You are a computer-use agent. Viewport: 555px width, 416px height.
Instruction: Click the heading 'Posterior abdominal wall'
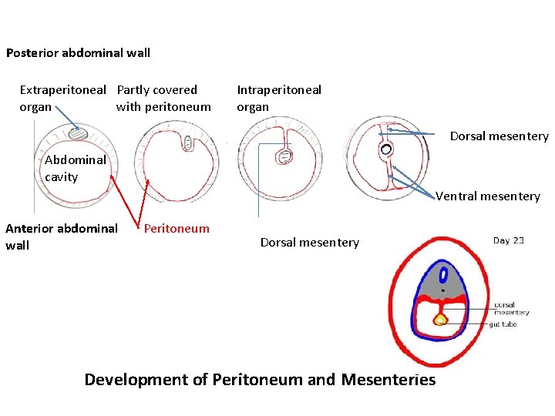[78, 53]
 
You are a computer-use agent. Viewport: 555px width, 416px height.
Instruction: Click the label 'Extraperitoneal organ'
[62, 98]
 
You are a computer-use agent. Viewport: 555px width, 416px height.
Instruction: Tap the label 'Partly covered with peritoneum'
[163, 98]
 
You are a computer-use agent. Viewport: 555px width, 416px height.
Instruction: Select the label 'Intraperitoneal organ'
[278, 98]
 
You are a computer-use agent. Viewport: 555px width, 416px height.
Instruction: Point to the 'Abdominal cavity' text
[75, 168]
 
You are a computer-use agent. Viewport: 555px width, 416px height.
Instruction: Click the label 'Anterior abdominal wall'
[61, 237]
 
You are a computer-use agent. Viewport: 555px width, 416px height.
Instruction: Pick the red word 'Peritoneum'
[177, 228]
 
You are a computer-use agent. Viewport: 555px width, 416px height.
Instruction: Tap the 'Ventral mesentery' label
[487, 196]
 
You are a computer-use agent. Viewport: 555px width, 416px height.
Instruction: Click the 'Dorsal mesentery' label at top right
[499, 136]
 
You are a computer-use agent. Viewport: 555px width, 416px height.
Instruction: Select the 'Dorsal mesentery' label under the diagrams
[309, 243]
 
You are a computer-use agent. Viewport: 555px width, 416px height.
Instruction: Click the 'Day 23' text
[509, 240]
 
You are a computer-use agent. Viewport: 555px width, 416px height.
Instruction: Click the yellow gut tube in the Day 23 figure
[440, 319]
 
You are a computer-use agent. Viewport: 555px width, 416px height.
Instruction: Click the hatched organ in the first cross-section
[79, 134]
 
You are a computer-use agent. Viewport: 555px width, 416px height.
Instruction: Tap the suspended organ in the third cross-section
[284, 156]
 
